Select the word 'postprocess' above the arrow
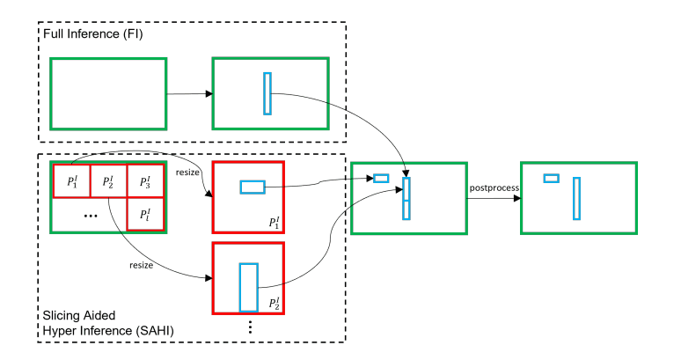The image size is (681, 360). [x=492, y=187]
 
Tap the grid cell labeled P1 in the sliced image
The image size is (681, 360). [x=72, y=182]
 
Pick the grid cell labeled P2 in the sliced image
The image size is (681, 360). [x=109, y=182]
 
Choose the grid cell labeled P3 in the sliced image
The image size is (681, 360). [x=146, y=182]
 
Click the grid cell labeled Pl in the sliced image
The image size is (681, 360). [x=146, y=215]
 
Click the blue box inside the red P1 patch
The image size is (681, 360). [x=253, y=187]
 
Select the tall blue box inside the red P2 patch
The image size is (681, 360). [x=249, y=287]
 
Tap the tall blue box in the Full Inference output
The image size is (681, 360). [x=267, y=93]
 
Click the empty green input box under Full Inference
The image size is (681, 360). [x=108, y=92]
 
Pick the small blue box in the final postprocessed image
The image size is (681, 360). [x=552, y=179]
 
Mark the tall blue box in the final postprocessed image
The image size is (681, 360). [x=576, y=198]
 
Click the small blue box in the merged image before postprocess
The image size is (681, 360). [x=381, y=179]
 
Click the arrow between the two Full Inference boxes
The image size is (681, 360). [x=189, y=93]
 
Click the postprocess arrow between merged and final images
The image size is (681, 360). [x=492, y=198]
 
